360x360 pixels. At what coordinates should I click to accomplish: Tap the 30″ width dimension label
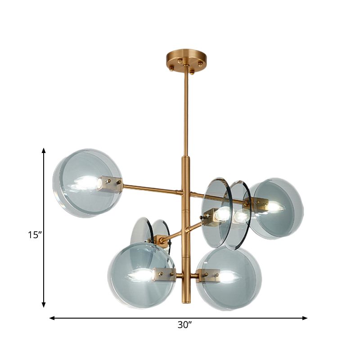pos(182,325)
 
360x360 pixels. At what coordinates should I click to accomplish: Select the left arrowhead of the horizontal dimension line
pos(52,318)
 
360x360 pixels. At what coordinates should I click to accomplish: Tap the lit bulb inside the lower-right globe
pos(228,276)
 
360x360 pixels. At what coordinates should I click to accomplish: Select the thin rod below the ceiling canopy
pos(185,112)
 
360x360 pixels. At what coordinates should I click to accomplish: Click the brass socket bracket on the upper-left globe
pos(110,184)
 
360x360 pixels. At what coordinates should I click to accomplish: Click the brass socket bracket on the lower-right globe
pos(208,274)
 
